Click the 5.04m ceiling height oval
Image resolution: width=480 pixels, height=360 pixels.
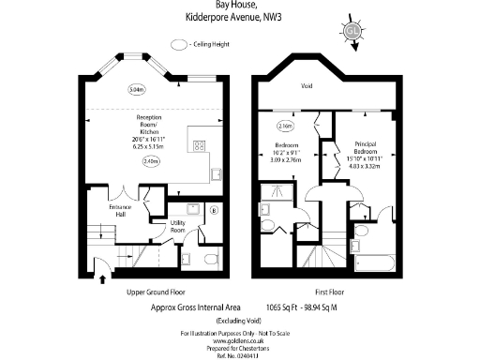(136, 90)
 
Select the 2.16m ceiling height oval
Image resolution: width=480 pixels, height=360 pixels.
(286, 126)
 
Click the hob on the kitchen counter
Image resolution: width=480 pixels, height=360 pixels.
(200, 144)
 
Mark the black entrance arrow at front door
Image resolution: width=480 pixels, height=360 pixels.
(102, 277)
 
